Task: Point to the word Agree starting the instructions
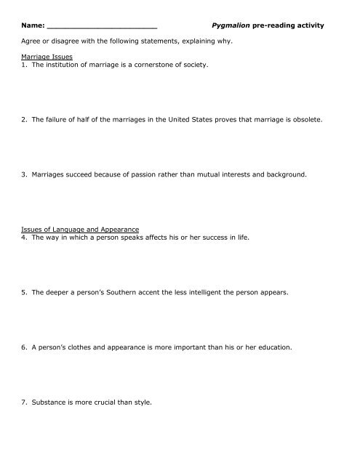click(33, 41)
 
